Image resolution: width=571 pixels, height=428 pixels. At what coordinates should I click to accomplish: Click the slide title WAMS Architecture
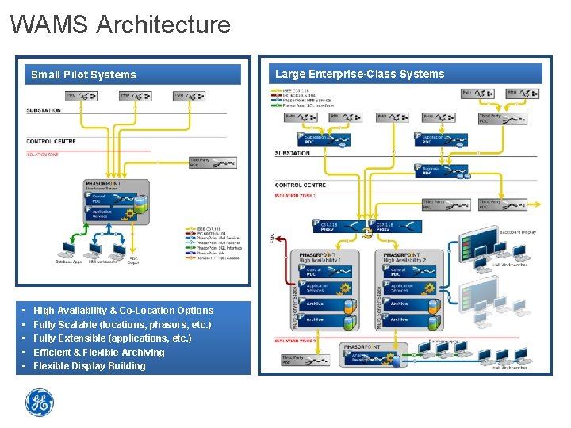point(121,25)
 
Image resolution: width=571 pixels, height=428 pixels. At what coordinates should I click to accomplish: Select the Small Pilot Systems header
point(83,75)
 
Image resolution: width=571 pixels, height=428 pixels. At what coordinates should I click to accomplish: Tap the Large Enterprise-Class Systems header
point(359,74)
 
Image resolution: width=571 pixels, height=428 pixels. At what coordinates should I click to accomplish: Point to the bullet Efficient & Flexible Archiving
point(98,352)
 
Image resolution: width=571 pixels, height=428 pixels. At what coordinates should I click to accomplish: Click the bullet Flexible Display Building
point(89,366)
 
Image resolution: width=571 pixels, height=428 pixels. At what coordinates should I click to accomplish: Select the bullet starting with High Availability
point(123,311)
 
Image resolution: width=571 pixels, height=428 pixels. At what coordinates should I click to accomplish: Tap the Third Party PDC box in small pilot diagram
point(211,163)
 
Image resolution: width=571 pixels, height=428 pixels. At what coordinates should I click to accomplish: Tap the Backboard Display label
point(517,232)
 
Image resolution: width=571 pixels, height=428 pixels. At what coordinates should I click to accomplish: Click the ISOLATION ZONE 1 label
point(295,194)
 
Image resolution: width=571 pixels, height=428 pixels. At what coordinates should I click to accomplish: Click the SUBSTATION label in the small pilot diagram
point(44,110)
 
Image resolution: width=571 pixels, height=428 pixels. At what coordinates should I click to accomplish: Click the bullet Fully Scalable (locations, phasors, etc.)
point(122,325)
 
